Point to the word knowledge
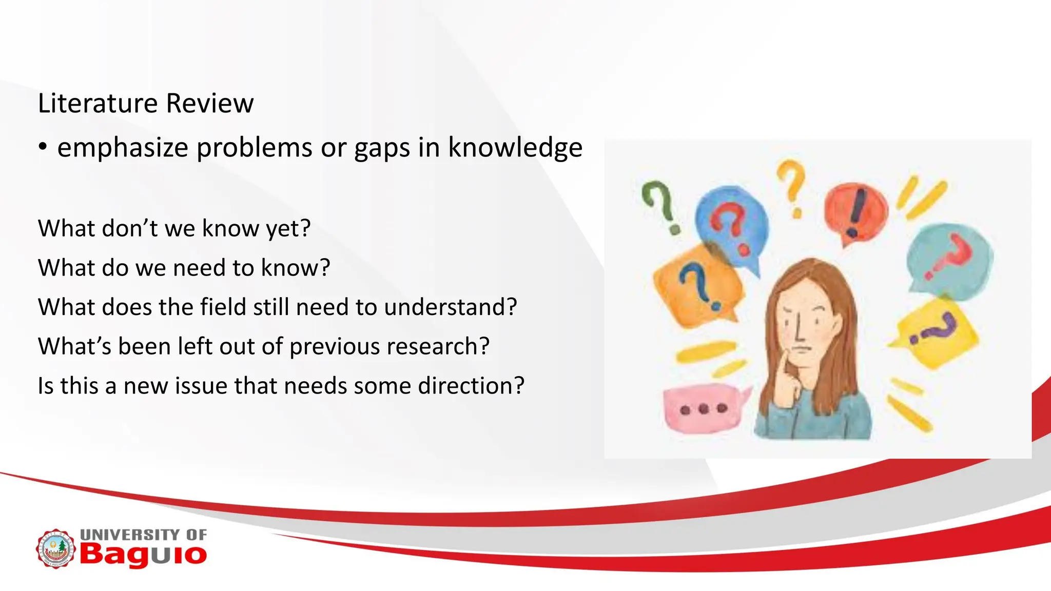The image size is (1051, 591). pyautogui.click(x=515, y=148)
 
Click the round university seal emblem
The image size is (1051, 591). pyautogui.click(x=55, y=549)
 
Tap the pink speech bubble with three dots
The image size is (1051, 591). pyautogui.click(x=703, y=408)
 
